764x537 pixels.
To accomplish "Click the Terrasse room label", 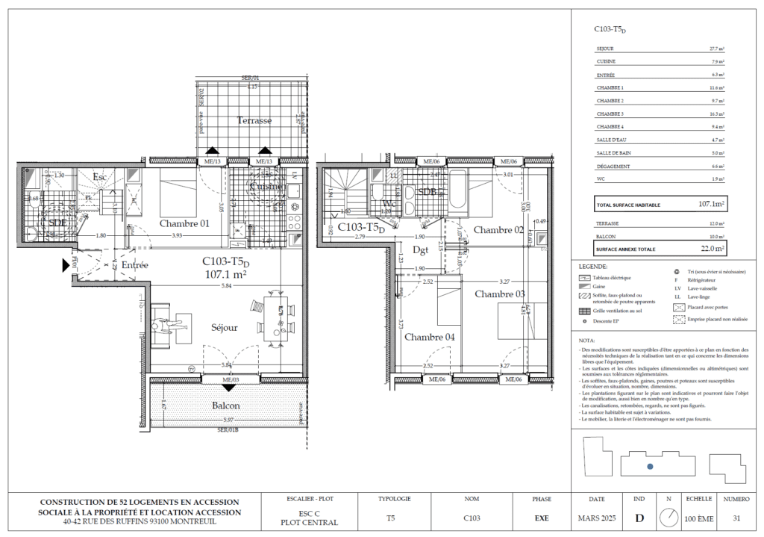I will tap(254, 120).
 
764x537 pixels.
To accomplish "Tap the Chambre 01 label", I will tap(184, 223).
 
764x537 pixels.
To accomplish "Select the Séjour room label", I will tap(224, 327).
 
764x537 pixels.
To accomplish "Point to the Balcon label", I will tap(225, 406).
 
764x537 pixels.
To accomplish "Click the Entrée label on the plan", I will tap(135, 265).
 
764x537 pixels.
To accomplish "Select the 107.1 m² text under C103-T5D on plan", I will tap(225, 274).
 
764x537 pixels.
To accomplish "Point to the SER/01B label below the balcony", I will tap(228, 430).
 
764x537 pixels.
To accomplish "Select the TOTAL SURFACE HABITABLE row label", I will tap(625, 204).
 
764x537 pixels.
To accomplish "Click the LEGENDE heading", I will tap(593, 266).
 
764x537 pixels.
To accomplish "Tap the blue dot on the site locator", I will tap(650, 466).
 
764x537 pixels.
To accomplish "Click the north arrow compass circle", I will tap(668, 517).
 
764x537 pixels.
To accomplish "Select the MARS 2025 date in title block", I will tap(597, 517).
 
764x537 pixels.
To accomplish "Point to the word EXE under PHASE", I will tap(542, 517).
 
